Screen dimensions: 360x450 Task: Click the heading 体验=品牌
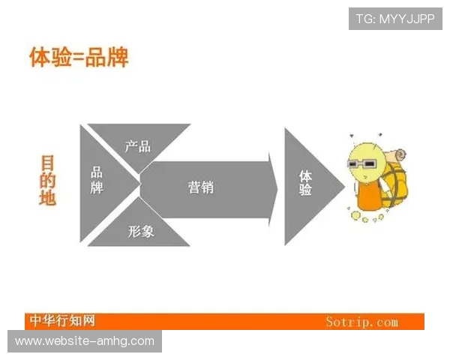79,58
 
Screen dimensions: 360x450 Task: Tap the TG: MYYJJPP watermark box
395,19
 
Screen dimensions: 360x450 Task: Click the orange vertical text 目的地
48,181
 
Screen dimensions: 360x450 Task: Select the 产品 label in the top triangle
138,146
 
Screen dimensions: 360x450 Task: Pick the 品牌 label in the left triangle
97,181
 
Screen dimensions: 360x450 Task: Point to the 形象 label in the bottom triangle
140,232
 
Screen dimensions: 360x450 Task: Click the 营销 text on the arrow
200,187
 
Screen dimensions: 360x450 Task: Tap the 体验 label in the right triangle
305,184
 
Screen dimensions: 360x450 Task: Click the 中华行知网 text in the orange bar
63,321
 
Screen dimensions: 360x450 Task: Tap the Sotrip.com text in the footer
361,322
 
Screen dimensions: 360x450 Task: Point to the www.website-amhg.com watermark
84,341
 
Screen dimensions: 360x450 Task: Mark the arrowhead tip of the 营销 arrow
276,187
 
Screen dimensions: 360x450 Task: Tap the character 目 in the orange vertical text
48,163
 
